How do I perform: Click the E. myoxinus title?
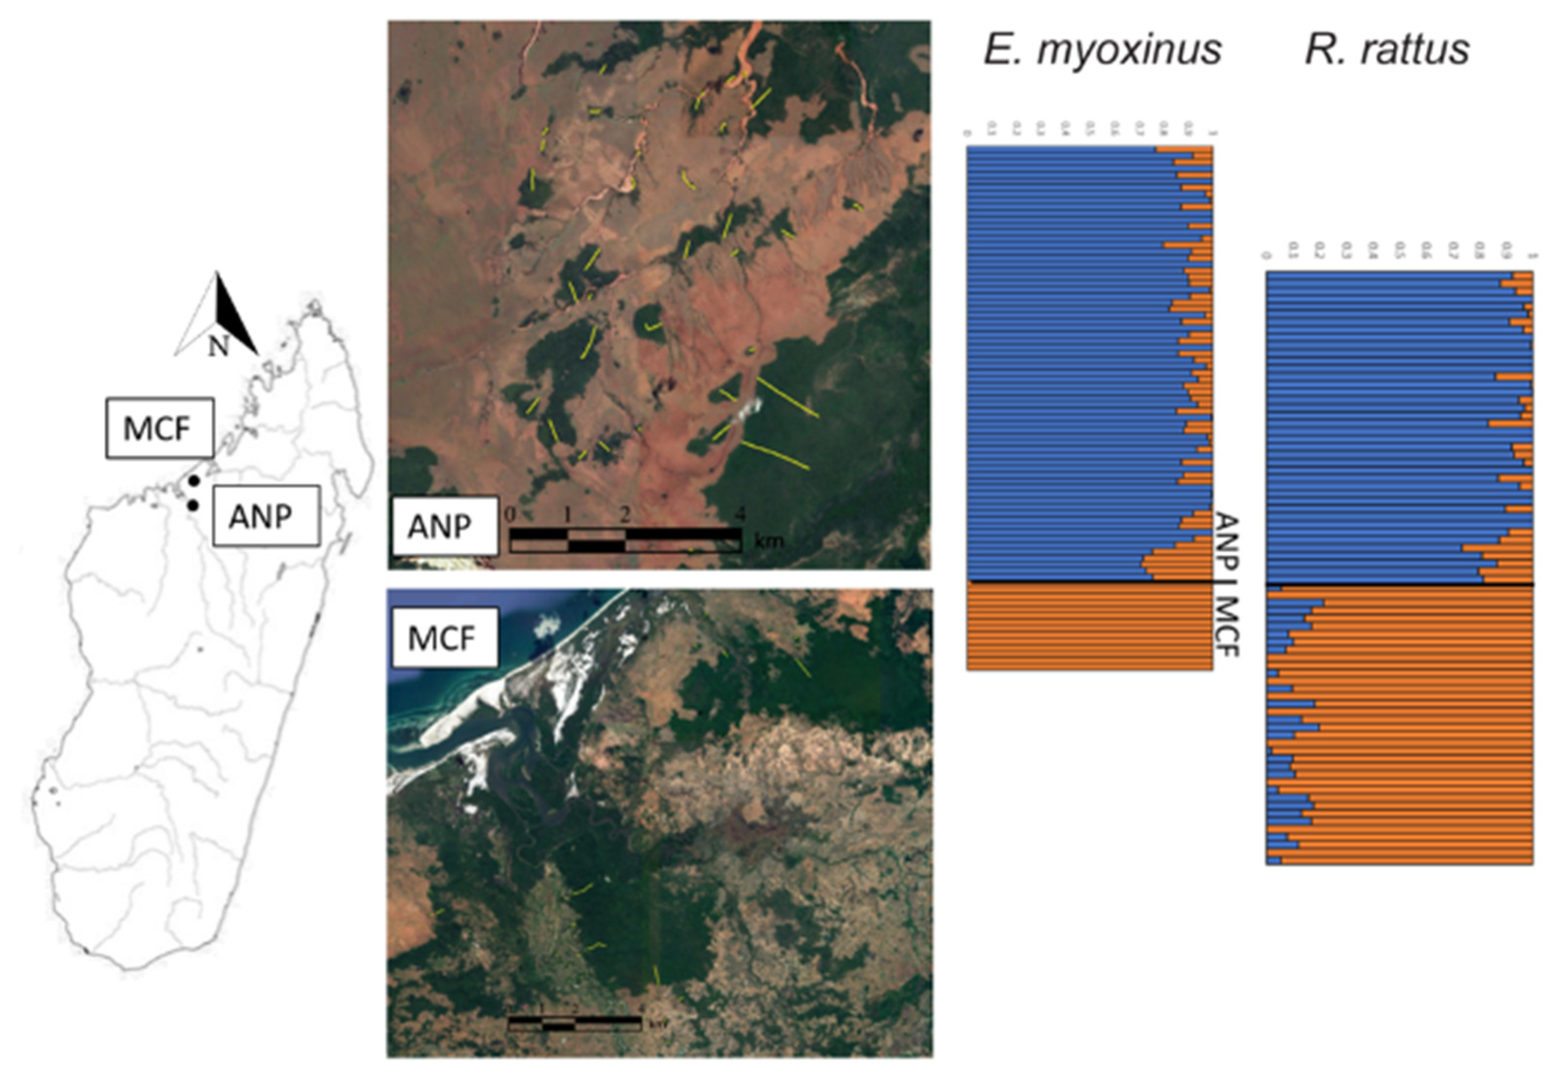1102,49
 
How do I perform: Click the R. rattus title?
1387,49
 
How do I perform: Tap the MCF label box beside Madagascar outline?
160,428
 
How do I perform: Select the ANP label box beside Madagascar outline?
266,516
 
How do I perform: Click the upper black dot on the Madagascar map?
194,480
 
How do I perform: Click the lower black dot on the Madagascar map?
193,505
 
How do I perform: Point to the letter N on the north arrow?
218,347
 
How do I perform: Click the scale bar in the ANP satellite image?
625,540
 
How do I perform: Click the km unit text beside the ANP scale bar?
768,541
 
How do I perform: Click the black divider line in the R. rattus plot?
1399,584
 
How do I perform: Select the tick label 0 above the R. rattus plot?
1266,256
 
